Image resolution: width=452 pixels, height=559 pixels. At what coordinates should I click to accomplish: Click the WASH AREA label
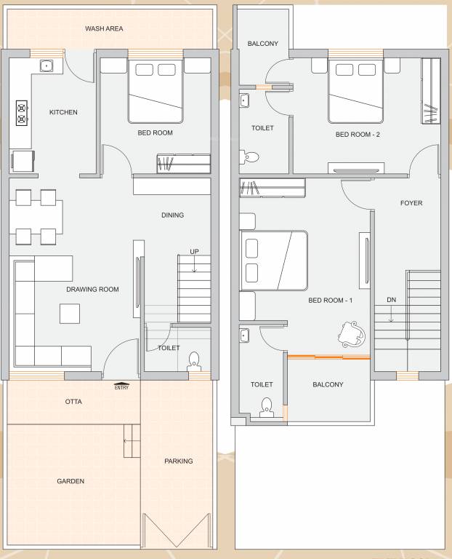[x=104, y=29]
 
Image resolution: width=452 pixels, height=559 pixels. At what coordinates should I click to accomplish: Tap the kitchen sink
[x=47, y=66]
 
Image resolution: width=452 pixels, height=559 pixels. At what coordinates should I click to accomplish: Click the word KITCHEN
[x=63, y=113]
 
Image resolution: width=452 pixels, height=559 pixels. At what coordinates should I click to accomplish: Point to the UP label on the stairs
[x=194, y=252]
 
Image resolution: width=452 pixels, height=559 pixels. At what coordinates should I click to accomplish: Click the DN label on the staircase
[x=391, y=300]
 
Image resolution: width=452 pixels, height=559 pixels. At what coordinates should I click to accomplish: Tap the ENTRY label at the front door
[x=122, y=387]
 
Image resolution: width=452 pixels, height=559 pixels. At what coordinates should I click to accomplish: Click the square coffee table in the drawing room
[x=70, y=313]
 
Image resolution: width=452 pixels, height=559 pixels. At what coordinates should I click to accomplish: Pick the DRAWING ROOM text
[x=92, y=290]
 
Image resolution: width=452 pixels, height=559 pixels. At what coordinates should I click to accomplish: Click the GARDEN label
[x=70, y=481]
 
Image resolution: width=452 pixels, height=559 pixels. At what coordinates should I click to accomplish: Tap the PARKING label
[x=178, y=461]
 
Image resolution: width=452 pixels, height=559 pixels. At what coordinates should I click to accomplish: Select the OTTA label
[x=73, y=402]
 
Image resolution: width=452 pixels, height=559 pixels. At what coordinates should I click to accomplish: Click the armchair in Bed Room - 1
[x=352, y=334]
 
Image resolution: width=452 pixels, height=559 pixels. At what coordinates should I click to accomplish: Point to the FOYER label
[x=411, y=204]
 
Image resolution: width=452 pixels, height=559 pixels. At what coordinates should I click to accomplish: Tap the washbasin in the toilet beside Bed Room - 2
[x=245, y=100]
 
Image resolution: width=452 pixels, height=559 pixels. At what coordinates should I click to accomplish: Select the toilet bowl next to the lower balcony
[x=267, y=406]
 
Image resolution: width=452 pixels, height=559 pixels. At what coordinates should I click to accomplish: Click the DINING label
[x=173, y=215]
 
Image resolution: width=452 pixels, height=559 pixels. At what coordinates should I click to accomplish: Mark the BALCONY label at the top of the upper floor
[x=262, y=44]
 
